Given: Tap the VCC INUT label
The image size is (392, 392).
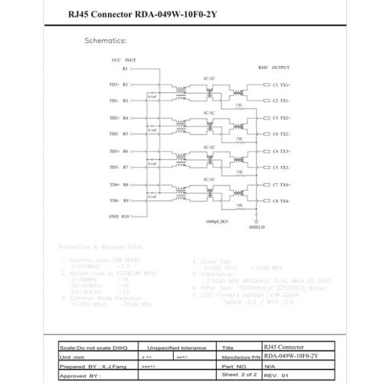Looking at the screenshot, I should coord(123,59).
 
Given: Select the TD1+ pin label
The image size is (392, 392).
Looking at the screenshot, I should coord(119,84).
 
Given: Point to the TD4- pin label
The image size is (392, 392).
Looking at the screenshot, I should coord(119,201).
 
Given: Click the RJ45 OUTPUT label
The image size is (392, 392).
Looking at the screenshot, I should coord(274,68).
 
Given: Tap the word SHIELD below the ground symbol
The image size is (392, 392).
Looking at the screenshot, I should coord(257,229).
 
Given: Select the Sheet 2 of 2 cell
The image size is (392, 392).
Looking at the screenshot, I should coord(239,375).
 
